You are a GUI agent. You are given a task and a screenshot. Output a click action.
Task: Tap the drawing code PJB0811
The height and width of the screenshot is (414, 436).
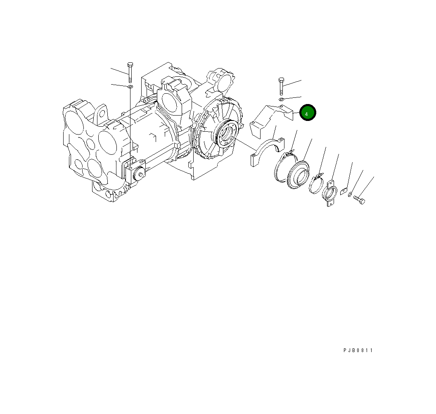coord(358,350)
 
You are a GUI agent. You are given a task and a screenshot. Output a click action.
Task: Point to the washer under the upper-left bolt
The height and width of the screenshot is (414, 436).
coord(130,87)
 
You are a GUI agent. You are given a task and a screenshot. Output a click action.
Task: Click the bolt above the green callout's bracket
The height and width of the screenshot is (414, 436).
coord(281,86)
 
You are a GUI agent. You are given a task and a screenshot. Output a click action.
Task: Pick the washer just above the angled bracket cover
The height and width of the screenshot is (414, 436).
coord(281,99)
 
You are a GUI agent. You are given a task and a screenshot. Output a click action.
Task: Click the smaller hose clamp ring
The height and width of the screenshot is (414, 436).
coord(316,184)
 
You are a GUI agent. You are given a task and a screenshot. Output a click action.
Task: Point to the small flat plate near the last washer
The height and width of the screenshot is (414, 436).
coord(344,191)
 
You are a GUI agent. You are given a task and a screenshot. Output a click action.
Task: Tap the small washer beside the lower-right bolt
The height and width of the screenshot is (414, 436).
coord(350,194)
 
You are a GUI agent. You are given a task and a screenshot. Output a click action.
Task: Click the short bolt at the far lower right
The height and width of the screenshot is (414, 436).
coord(360,200)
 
